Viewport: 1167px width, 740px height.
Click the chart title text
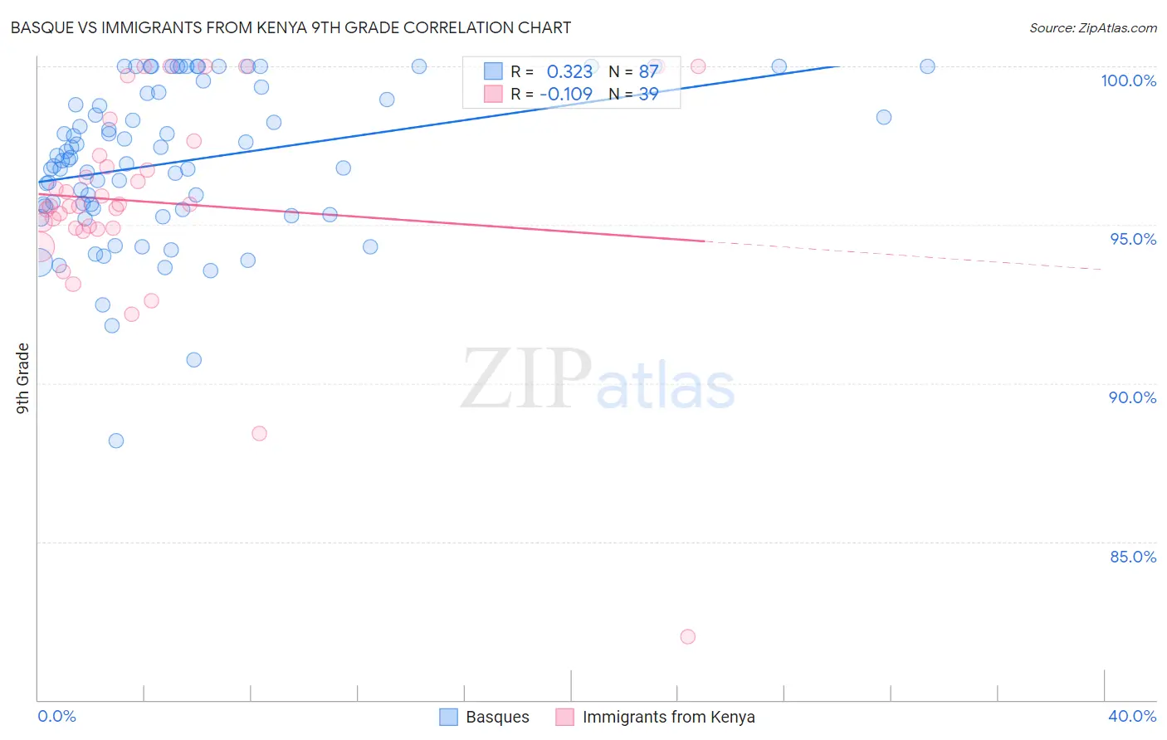coord(291,27)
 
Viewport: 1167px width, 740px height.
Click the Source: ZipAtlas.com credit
coord(1092,27)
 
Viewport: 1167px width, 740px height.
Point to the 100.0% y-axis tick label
coord(1128,80)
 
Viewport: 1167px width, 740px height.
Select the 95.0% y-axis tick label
coord(1133,239)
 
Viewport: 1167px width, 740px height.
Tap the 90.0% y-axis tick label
coord(1132,397)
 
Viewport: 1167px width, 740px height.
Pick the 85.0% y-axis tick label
coord(1133,557)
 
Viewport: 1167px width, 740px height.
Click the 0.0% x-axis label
coord(56,716)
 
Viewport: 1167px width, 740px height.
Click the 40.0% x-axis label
coord(1132,716)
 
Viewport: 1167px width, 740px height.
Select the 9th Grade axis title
coord(22,377)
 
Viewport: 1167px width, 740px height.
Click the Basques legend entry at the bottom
coord(496,717)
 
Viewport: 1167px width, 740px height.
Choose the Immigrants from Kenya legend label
coord(668,717)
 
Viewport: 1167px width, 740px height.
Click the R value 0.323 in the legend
coord(569,72)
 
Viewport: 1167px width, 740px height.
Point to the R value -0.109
coord(566,94)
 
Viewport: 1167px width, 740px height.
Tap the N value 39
coord(648,94)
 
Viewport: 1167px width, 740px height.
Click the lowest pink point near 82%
coord(687,637)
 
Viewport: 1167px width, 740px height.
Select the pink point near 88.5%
coord(259,433)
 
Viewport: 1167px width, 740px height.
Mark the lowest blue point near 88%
coord(116,441)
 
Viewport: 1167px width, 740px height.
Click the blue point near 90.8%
coord(194,359)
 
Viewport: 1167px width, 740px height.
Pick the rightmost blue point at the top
coord(927,66)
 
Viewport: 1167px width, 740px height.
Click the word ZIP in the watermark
coord(526,378)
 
